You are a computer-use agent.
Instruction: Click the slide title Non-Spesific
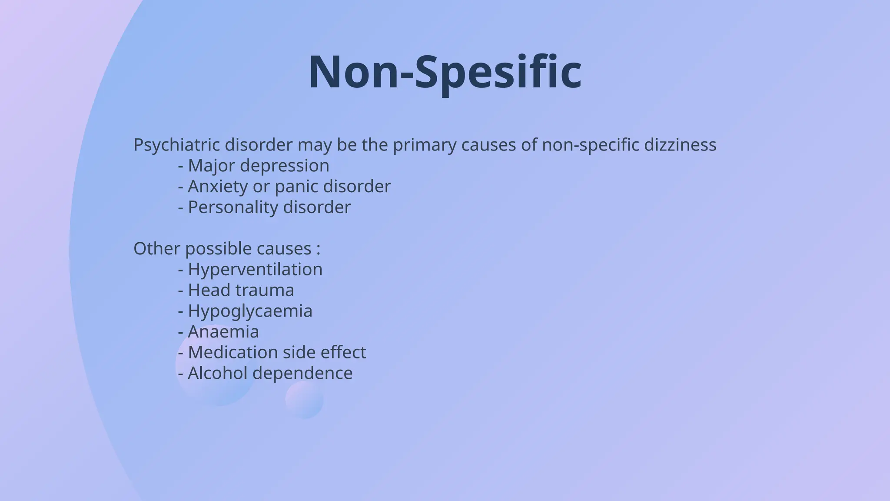(x=445, y=72)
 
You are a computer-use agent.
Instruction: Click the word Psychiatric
(x=177, y=145)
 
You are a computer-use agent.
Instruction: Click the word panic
(x=297, y=187)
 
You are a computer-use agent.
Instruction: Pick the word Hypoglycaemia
(x=250, y=311)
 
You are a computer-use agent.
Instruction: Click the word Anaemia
(x=223, y=332)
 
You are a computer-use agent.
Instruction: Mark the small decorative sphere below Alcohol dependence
(x=304, y=400)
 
